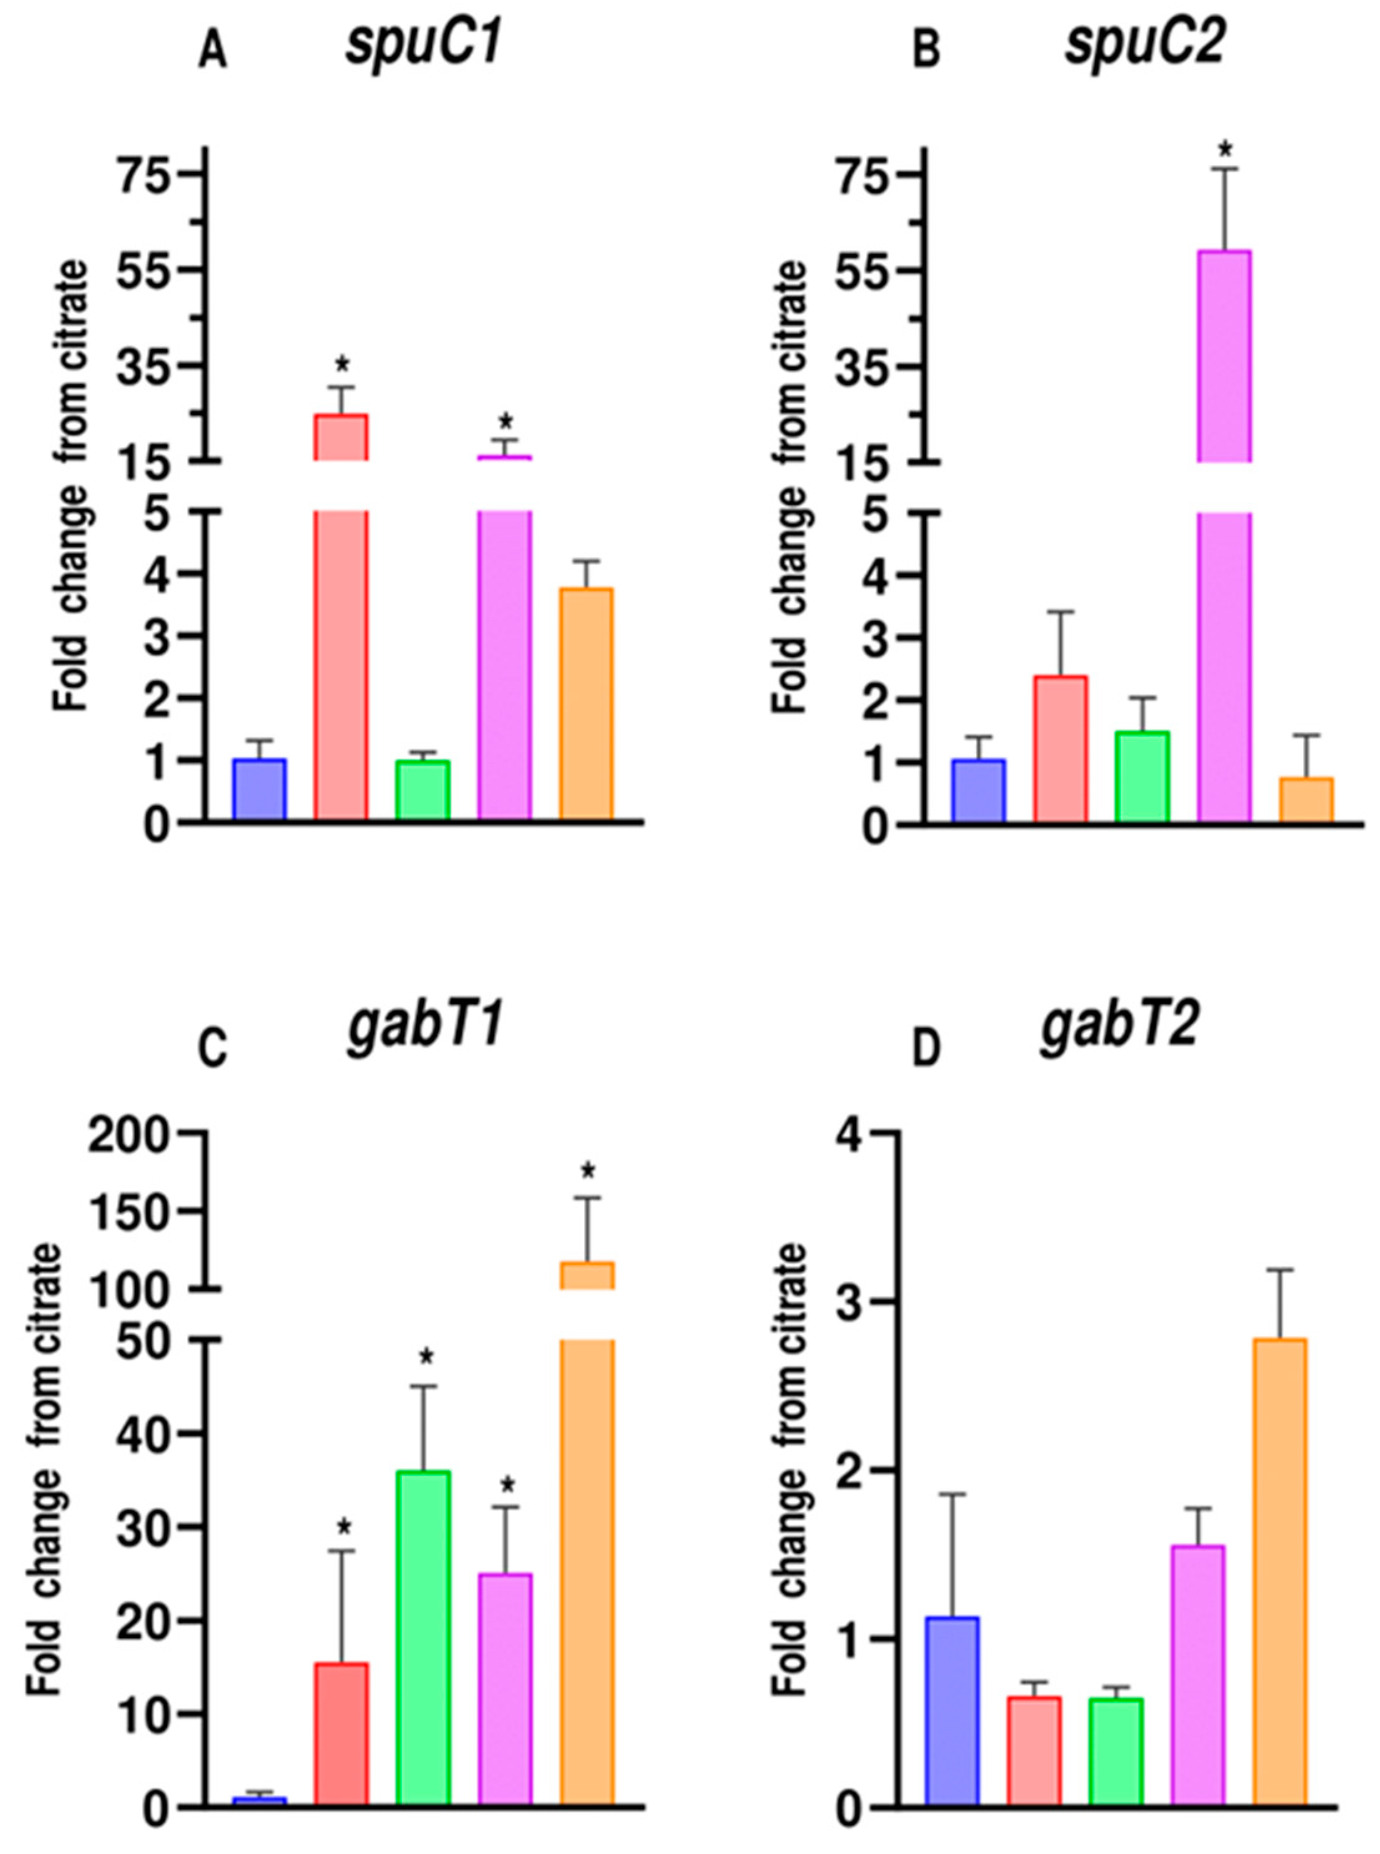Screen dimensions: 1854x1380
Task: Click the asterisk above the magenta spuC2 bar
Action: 1225,151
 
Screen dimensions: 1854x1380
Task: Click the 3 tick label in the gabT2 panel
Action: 864,1304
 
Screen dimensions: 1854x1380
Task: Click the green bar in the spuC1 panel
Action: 423,790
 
